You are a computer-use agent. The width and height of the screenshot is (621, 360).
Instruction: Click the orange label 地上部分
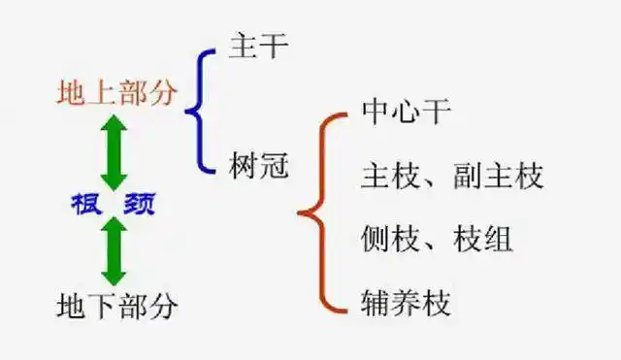pos(117,94)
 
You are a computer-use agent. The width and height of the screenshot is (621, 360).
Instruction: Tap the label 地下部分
pos(117,307)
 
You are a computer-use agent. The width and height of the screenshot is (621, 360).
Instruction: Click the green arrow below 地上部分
pos(114,153)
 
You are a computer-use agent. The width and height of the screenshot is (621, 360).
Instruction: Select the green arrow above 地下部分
pos(114,249)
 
